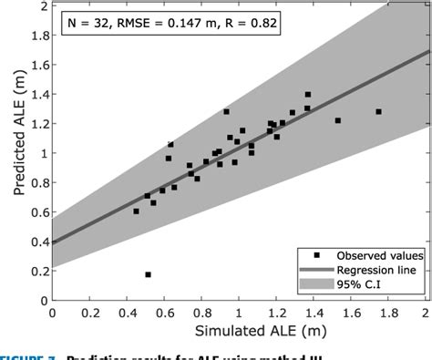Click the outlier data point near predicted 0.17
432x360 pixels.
tap(148, 274)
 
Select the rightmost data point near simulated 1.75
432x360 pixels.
tap(378, 112)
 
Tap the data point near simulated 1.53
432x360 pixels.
tap(338, 120)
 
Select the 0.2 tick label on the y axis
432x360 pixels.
tap(37, 271)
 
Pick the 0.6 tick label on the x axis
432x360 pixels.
tap(165, 312)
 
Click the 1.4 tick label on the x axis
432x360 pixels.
tap(315, 312)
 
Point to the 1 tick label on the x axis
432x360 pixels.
tap(241, 312)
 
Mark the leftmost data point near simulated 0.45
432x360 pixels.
tap(137, 211)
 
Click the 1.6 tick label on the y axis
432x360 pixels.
tap(37, 65)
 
